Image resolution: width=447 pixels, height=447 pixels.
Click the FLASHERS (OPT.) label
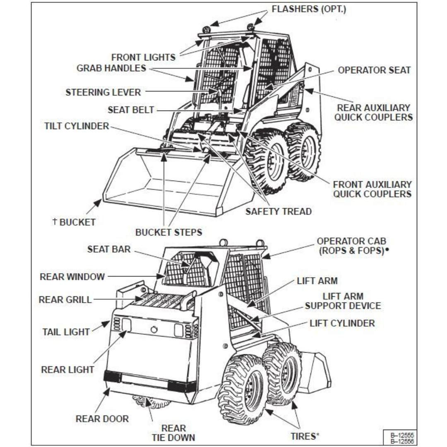tap(308, 9)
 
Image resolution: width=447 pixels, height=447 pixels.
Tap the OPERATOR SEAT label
tap(374, 70)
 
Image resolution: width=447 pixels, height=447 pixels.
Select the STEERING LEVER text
tap(103, 92)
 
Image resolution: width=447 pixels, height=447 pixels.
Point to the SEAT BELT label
tap(131, 110)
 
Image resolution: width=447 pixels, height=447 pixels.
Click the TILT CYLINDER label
tap(77, 126)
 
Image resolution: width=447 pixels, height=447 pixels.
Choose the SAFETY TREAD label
tap(279, 211)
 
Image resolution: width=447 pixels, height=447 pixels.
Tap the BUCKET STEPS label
tap(169, 232)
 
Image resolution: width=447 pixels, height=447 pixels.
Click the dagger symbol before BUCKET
tap(55, 222)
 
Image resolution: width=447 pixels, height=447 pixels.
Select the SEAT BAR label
tap(109, 249)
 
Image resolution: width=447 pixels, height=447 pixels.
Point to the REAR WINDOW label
tap(72, 276)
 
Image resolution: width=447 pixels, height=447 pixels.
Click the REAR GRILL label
tap(65, 299)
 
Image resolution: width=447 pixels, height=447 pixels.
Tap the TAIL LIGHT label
tap(66, 332)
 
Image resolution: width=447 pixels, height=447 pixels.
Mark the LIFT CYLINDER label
tap(342, 323)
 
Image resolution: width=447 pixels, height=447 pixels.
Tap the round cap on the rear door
tap(154, 329)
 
